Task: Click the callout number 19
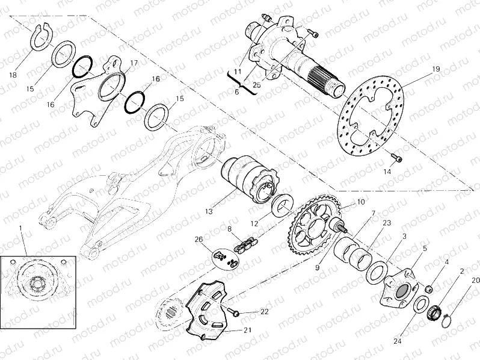[435, 69]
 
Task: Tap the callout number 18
[13, 75]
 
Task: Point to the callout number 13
[209, 211]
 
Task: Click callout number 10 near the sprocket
[361, 202]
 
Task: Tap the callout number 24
[396, 341]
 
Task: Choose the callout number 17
[134, 63]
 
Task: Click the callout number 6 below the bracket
[237, 92]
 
